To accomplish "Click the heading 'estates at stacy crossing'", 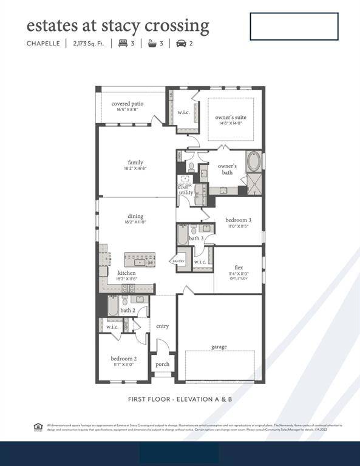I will [118, 25].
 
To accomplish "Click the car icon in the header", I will [181, 43].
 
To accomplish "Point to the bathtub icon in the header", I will [151, 43].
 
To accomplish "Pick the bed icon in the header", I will [123, 43].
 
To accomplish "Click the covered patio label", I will [127, 104].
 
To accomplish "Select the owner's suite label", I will [231, 117].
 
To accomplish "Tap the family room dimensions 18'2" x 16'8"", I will [135, 169].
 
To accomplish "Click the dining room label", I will [135, 216].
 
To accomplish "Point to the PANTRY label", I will [178, 261].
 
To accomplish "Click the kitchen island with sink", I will [140, 260].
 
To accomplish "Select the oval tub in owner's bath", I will [254, 161].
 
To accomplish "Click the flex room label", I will [239, 267].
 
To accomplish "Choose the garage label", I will [219, 347].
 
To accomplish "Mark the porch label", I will [162, 364].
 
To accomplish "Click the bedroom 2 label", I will [123, 358].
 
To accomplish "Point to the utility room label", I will [186, 192].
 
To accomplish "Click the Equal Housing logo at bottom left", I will [38, 427].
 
